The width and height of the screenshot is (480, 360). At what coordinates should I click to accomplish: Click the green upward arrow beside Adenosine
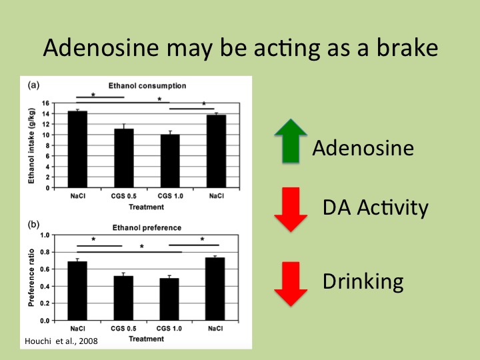[291, 141]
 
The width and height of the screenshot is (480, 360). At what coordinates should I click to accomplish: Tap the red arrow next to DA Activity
[291, 209]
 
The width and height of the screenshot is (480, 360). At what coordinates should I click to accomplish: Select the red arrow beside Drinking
[291, 284]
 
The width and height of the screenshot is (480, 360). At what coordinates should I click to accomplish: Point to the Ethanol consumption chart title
[147, 86]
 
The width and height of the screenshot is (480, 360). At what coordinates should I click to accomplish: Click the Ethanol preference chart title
[147, 228]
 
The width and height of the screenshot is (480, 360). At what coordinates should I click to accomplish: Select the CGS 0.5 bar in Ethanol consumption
[124, 158]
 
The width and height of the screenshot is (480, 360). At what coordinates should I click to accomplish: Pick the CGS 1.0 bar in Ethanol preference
[169, 299]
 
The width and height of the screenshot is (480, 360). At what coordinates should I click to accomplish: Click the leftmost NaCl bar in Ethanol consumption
[77, 149]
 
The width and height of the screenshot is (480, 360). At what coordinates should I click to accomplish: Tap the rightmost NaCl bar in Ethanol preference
[215, 289]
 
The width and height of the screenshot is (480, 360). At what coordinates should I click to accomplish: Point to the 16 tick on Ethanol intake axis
[45, 103]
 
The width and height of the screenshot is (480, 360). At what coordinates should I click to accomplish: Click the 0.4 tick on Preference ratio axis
[45, 287]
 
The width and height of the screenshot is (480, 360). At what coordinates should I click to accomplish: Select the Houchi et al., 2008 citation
[61, 341]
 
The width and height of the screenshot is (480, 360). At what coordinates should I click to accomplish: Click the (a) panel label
[34, 85]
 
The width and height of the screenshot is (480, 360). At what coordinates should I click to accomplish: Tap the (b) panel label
[34, 225]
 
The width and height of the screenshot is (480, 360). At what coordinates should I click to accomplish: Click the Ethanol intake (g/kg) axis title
[31, 146]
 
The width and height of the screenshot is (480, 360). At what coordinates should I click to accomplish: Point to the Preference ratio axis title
[31, 277]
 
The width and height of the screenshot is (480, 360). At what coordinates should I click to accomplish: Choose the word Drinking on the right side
[363, 281]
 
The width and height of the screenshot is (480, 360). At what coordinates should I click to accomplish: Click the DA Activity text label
[375, 208]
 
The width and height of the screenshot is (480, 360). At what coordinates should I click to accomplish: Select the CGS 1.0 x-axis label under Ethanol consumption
[170, 196]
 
